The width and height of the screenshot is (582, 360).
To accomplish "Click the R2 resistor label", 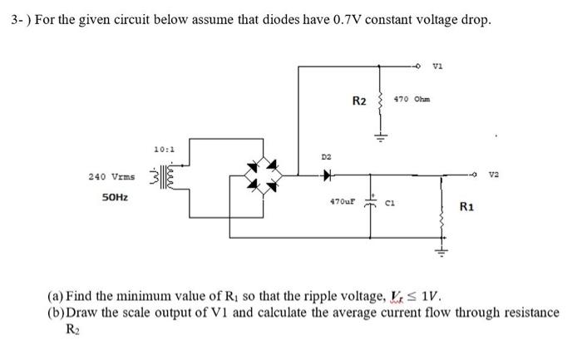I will point(359,101).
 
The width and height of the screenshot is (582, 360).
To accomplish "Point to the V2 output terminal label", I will point(496,175).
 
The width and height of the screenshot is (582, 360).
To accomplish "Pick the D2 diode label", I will point(327,156).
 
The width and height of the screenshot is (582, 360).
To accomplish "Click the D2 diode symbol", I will point(327,176).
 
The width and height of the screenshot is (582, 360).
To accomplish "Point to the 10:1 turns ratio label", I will point(164,150).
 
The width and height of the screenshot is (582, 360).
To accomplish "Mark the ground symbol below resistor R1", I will point(441,253).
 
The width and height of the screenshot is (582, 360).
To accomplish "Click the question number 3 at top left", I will point(12,19).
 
